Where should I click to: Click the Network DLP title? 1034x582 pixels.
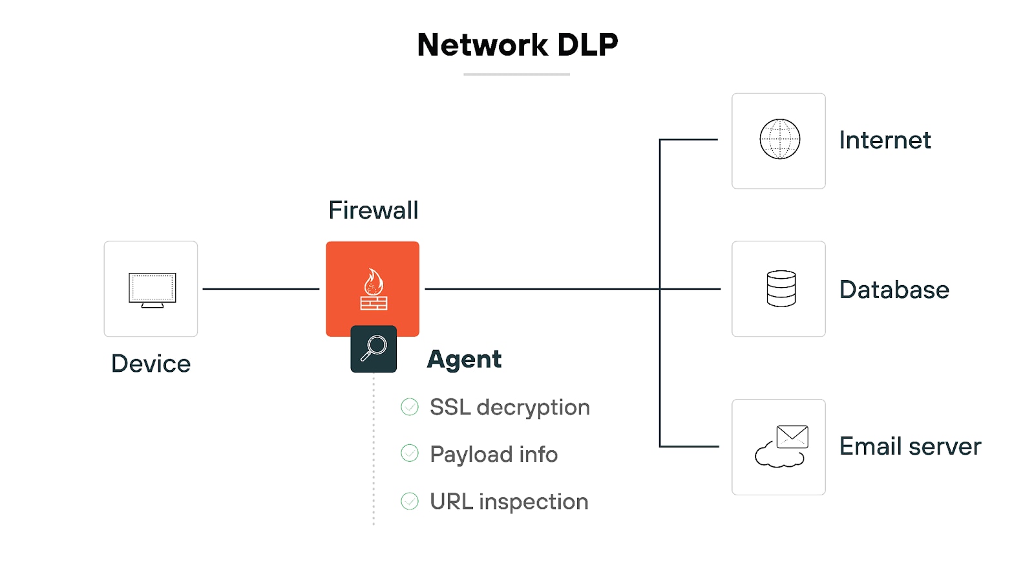517,45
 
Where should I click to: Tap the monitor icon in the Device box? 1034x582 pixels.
152,289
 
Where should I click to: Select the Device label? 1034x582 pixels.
151,363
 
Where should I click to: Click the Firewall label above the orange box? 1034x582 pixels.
373,210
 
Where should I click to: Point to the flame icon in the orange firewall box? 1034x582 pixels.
374,282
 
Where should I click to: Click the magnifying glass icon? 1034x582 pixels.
374,349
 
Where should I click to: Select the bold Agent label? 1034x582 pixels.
464,359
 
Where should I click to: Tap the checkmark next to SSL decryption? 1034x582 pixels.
410,407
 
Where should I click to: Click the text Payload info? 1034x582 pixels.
493,454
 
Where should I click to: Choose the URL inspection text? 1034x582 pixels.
509,501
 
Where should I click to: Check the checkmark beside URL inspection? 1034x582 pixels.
410,501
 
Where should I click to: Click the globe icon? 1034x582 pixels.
779,139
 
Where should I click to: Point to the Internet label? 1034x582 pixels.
885,140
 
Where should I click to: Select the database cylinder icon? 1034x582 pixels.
781,288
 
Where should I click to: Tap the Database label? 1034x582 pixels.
894,290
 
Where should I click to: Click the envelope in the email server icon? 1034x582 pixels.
792,436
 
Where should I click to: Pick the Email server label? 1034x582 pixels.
910,446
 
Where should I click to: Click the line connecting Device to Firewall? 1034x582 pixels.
260,289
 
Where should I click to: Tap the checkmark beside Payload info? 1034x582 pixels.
410,453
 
